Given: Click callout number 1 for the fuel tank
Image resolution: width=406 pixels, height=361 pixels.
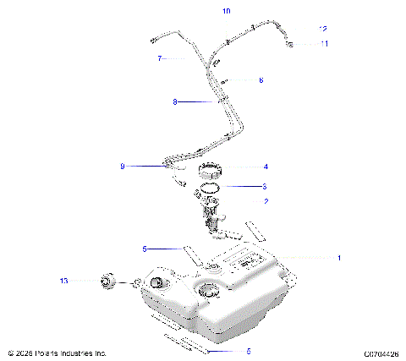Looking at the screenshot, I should pos(340,257).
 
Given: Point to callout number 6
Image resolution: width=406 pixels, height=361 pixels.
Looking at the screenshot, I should pos(261,79).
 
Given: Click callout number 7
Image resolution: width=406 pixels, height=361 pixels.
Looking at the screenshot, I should pos(159,58).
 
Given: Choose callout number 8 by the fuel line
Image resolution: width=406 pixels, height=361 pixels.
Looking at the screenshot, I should pos(175,101).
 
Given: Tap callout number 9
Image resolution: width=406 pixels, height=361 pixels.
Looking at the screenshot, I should pos(123,167).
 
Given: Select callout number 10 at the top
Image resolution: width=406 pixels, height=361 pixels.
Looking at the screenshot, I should pos(226,12).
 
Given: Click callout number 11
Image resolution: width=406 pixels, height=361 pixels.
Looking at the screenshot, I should pos(325,43).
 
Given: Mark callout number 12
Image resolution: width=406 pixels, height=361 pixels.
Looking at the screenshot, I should pos(323,29).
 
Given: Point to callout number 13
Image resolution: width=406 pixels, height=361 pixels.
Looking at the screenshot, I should pos(63,280).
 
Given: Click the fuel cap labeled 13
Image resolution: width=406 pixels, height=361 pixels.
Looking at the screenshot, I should pos(107,281).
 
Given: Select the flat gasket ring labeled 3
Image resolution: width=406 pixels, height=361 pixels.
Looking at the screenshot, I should pos(211,186).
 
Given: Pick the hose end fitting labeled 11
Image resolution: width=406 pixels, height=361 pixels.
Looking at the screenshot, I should pos(290,42).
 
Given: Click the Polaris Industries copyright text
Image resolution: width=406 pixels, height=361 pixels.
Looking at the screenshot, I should pos(58,353).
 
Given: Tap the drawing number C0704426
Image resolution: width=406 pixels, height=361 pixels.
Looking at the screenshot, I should pos(381,353).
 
